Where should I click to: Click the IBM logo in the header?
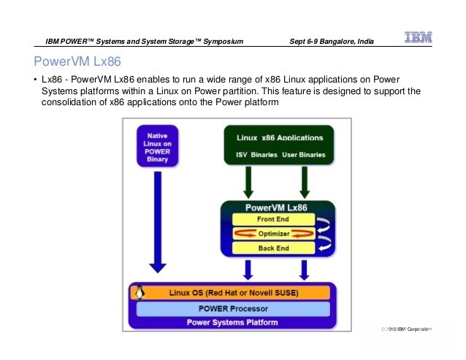[418, 37]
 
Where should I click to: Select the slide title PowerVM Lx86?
[77, 61]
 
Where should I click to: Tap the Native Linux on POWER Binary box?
[158, 146]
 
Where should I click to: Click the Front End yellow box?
[273, 219]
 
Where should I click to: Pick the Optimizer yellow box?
[273, 234]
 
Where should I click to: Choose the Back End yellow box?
[273, 248]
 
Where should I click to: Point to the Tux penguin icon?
[140, 292]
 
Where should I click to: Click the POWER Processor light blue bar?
[233, 309]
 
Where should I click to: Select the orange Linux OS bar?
[231, 293]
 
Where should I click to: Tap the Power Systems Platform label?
[232, 323]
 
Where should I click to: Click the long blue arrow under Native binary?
[158, 222]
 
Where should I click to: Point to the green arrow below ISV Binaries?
[248, 183]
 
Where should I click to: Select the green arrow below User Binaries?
[305, 183]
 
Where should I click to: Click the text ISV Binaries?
[256, 155]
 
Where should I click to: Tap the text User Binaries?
[304, 155]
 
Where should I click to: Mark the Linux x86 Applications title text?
[280, 138]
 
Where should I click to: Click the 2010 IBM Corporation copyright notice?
[406, 329]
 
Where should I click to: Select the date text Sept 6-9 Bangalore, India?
[332, 42]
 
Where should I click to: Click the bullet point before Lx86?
[36, 80]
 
